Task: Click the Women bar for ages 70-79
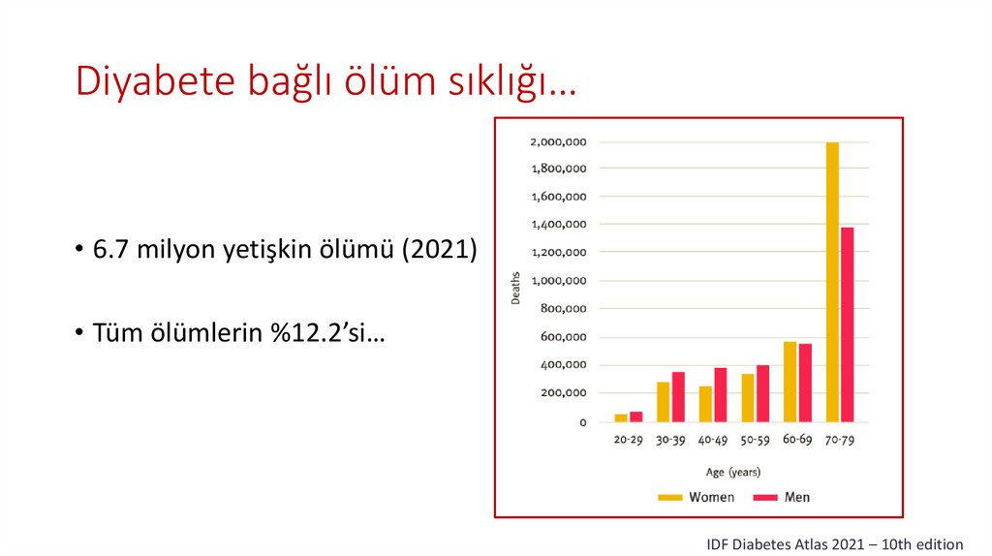pos(832,282)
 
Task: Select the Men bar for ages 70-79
pos(847,324)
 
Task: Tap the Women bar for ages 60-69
pos(790,382)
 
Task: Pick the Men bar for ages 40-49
pos(720,395)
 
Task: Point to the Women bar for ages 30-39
pos(664,402)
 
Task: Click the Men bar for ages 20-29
pos(635,417)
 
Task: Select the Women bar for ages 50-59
pos(748,398)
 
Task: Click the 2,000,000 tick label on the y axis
pos(557,142)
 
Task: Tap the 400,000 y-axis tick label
pos(562,365)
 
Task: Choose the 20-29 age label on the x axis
pos(628,440)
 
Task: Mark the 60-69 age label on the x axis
pos(797,440)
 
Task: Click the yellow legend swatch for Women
pos(670,497)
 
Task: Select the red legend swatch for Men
pos(766,497)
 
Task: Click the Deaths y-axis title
pos(516,287)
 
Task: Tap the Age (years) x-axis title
pos(733,473)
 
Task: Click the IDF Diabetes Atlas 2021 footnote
pos(835,544)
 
